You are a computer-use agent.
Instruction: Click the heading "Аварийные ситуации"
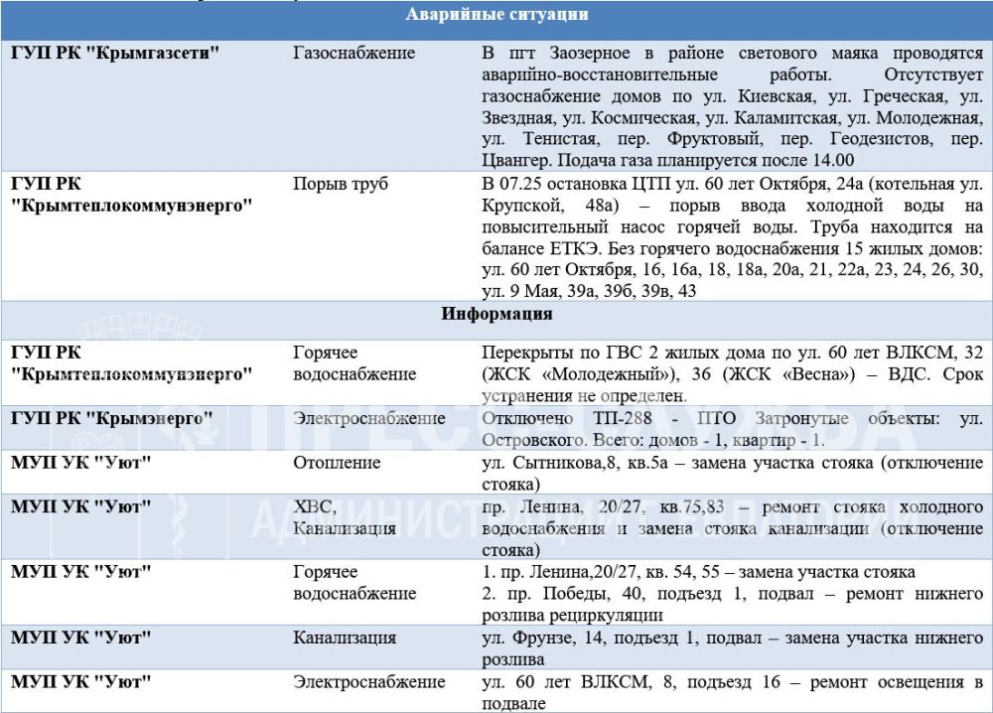point(496,15)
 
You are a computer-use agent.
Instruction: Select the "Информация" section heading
point(496,315)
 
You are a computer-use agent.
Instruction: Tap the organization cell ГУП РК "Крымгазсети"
point(115,52)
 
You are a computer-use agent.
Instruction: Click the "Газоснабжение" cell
point(355,52)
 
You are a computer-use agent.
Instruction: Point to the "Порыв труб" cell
point(341,184)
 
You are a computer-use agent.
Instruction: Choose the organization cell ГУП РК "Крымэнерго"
point(113,418)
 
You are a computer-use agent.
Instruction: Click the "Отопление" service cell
point(338,462)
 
